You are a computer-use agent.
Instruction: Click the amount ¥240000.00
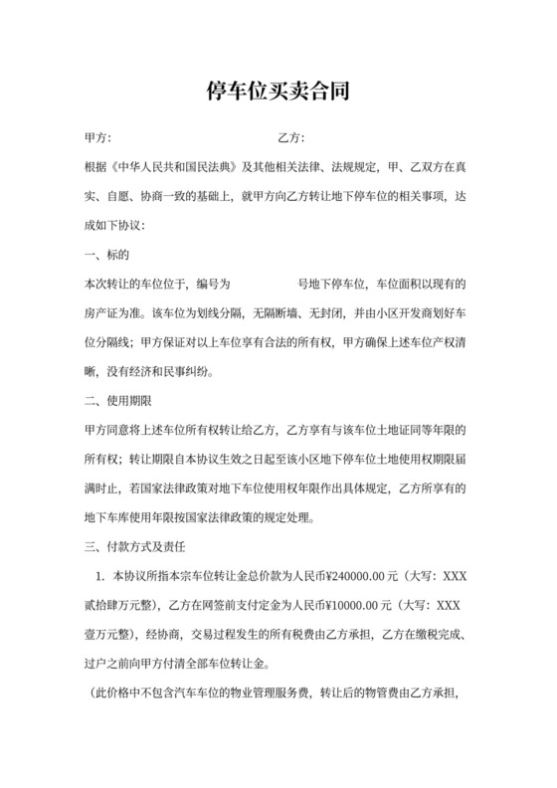[307, 576]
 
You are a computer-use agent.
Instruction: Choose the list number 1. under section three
[100, 576]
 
